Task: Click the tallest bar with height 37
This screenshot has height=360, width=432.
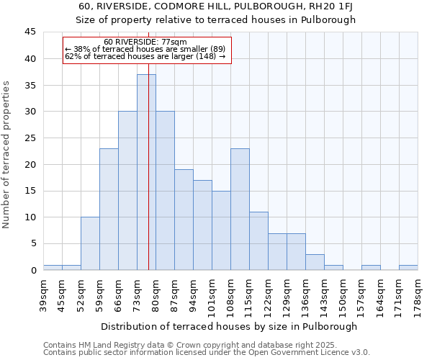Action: click(x=146, y=172)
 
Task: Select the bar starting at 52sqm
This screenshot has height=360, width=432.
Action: click(x=90, y=243)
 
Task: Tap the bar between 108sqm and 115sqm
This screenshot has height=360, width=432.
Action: click(x=240, y=209)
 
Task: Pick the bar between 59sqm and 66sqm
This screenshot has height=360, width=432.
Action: click(x=109, y=209)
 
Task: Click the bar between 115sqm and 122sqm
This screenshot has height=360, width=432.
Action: click(x=258, y=240)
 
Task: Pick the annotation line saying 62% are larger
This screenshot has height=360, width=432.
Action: click(x=145, y=56)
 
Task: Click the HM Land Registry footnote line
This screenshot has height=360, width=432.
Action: click(x=184, y=345)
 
